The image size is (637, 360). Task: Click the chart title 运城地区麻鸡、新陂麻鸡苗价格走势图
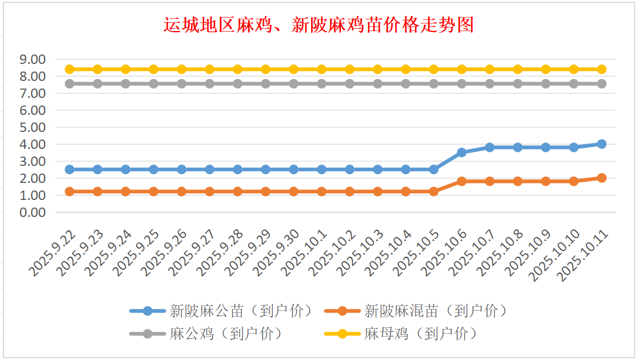[318, 25]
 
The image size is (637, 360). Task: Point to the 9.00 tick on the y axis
[32, 59]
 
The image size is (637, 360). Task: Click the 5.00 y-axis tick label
[32, 127]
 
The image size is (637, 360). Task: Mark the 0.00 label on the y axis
[32, 212]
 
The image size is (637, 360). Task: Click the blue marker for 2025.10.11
[602, 144]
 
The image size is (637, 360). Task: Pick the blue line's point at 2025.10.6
[462, 152]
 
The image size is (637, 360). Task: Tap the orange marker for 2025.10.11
[602, 178]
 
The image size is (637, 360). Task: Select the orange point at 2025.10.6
[462, 181]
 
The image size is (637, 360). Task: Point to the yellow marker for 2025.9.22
[70, 69]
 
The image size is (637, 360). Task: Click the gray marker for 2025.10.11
[602, 84]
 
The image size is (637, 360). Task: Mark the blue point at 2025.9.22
[70, 169]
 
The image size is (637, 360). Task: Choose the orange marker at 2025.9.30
[294, 192]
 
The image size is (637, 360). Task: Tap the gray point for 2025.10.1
[322, 84]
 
